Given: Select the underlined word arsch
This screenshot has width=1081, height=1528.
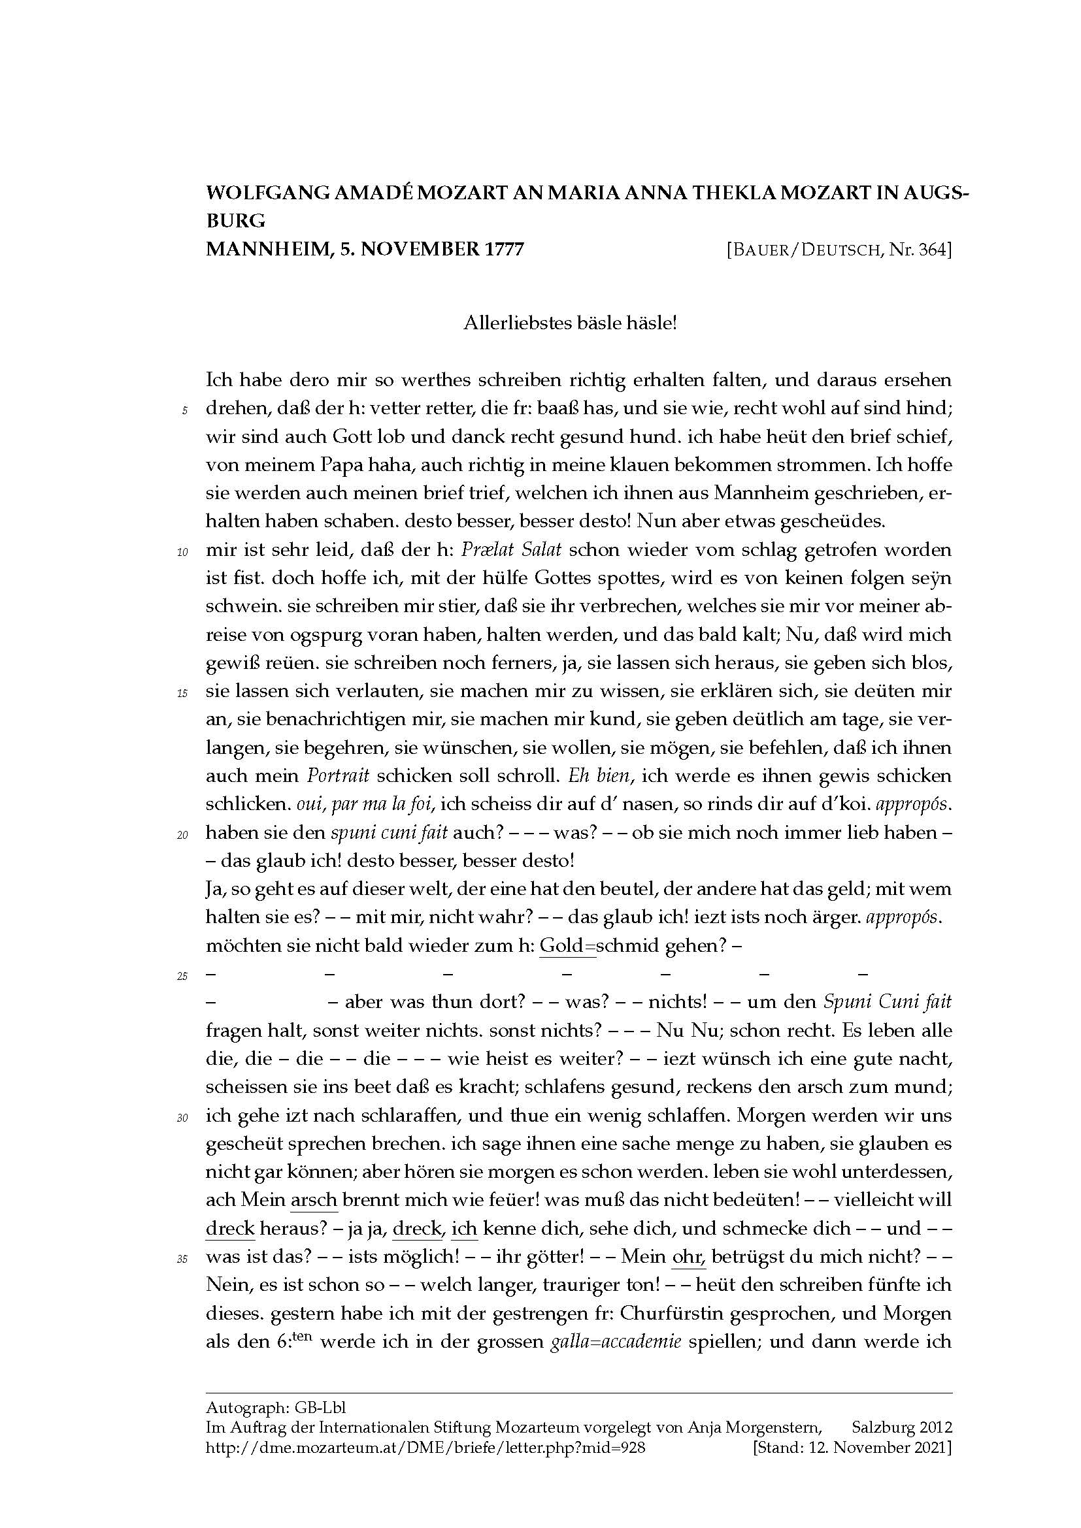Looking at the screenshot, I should coord(314,1200).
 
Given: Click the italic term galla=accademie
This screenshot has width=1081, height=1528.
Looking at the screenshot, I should coord(616,1342).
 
